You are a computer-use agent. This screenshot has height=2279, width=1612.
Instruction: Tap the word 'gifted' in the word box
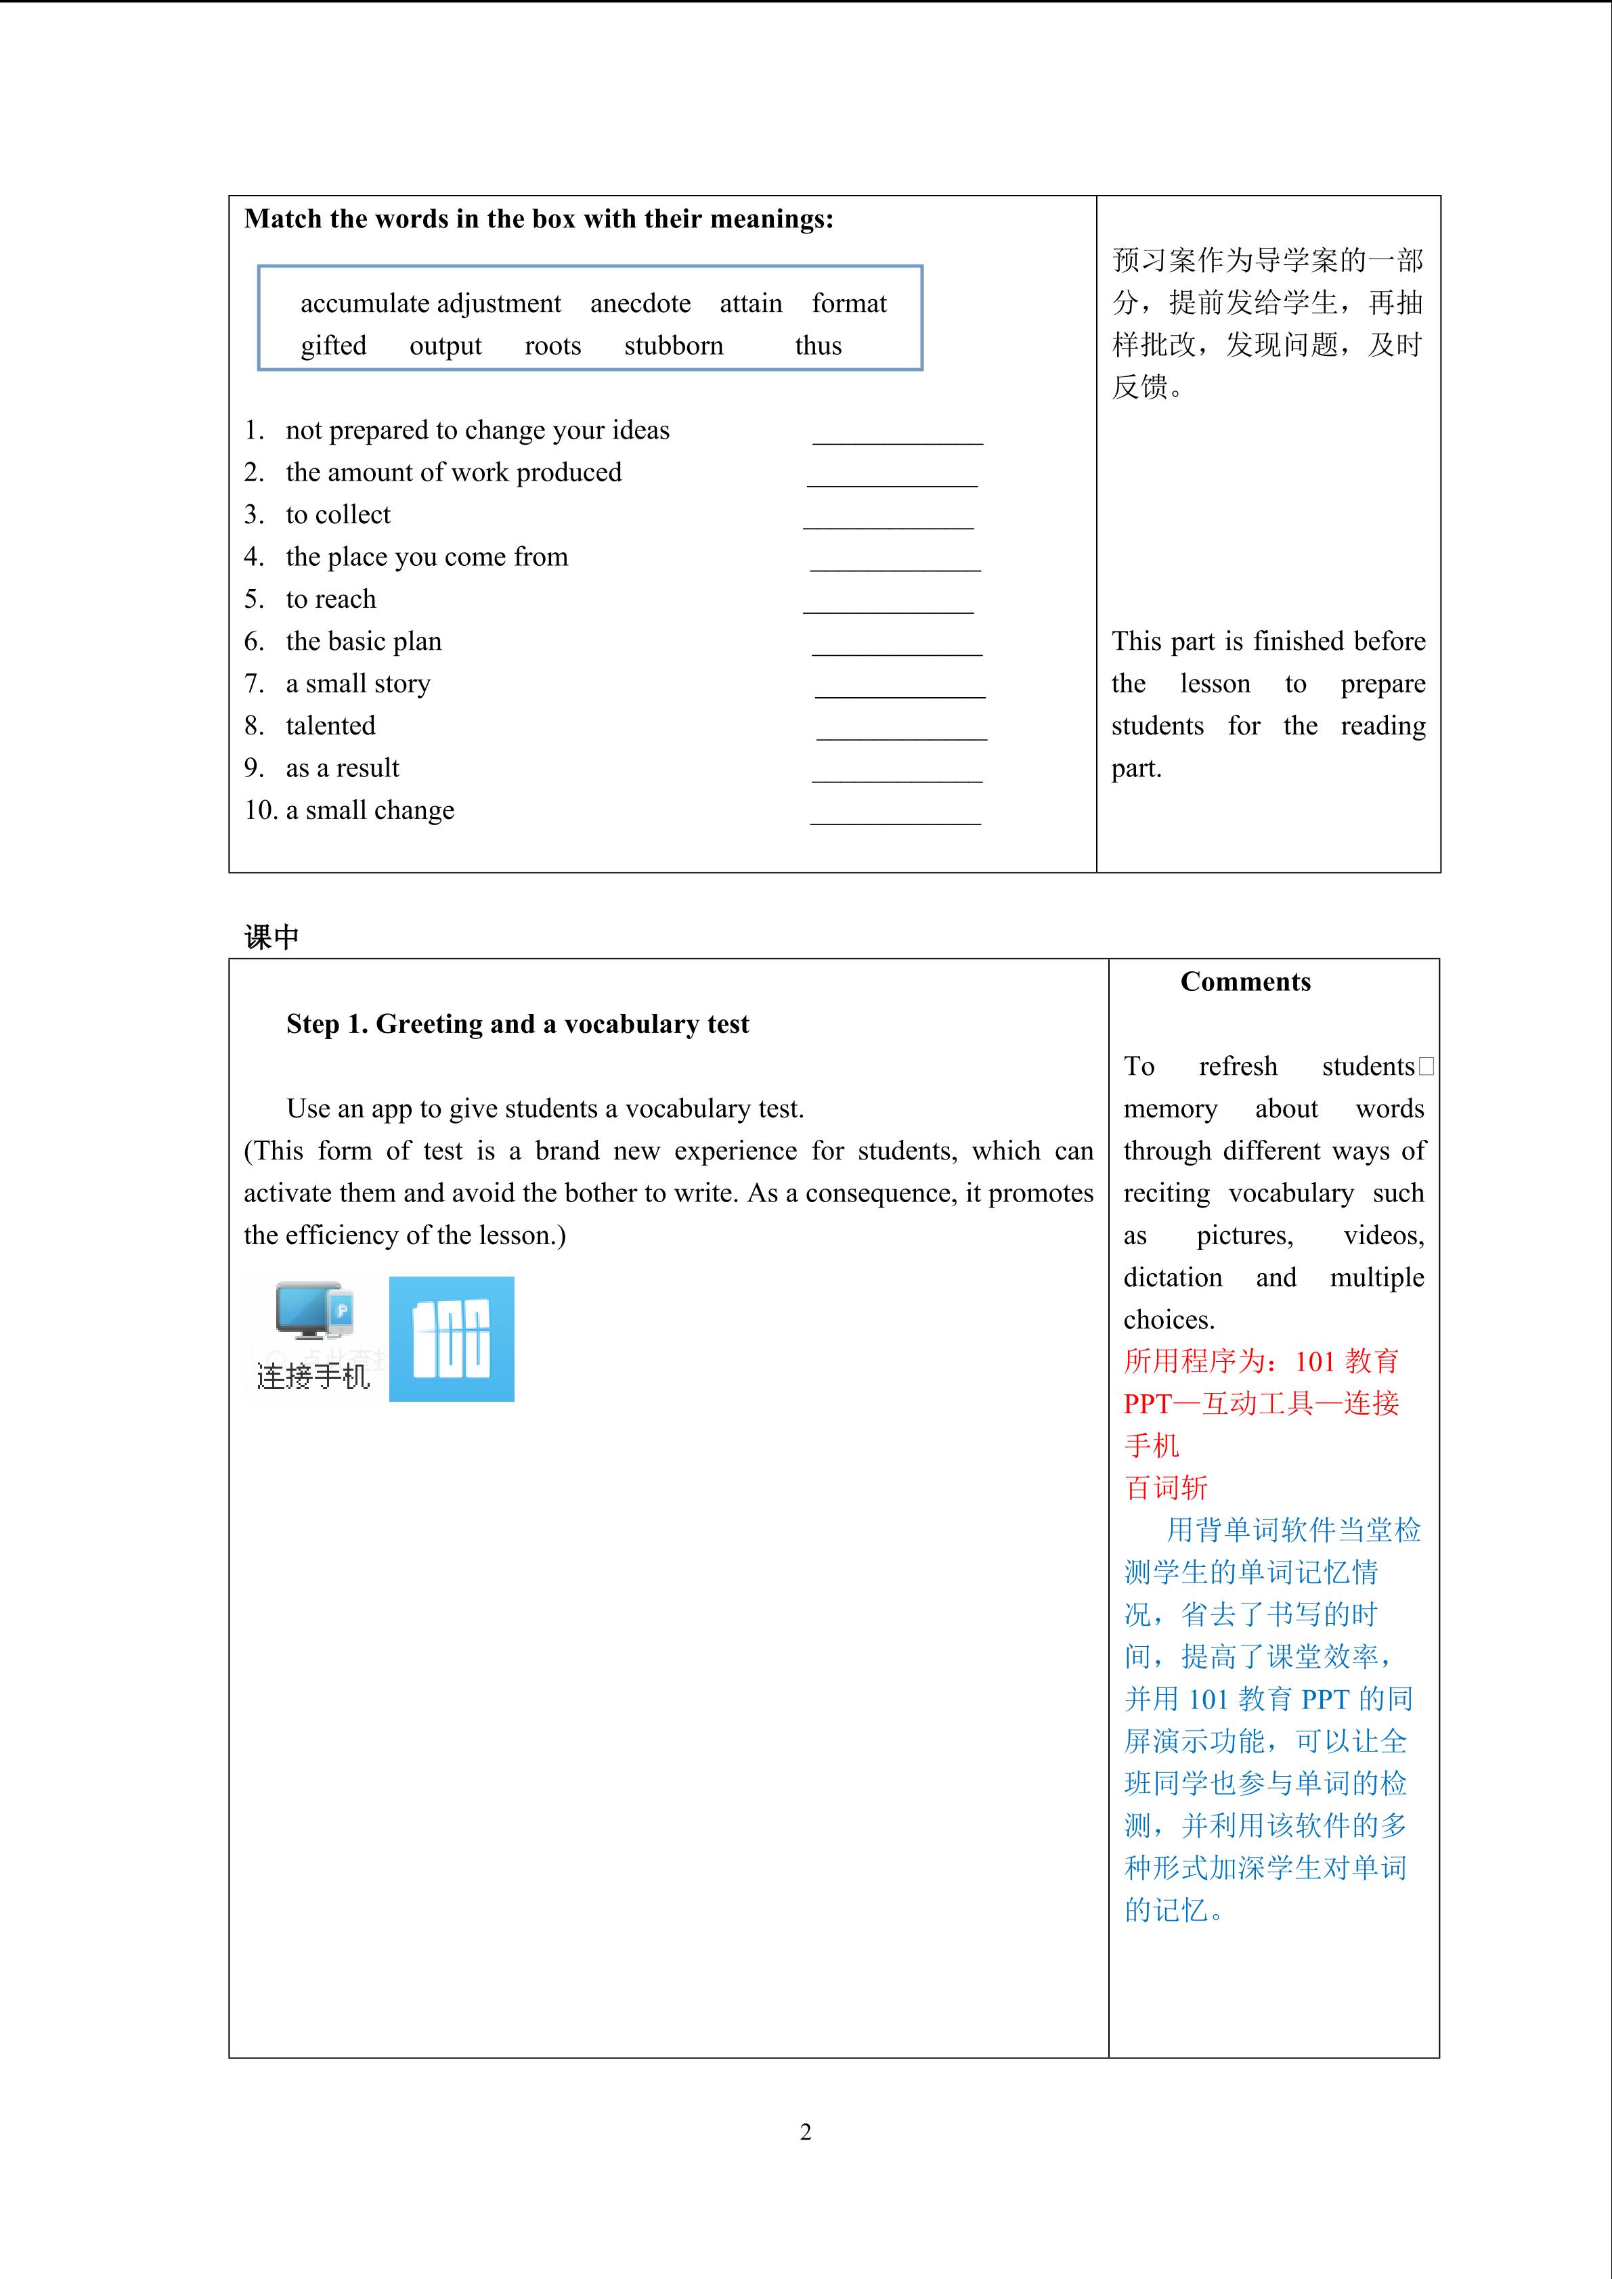[x=334, y=345]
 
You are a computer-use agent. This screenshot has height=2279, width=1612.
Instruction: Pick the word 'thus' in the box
[x=818, y=345]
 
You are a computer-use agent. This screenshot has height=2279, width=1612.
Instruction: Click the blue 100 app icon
[x=452, y=1338]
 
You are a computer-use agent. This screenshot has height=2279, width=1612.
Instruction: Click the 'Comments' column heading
[x=1245, y=981]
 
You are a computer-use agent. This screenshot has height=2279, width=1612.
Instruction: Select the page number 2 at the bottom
[x=805, y=2132]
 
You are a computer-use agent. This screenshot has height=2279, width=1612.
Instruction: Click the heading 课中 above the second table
[x=271, y=937]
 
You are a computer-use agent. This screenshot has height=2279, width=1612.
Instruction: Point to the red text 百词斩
[x=1165, y=1487]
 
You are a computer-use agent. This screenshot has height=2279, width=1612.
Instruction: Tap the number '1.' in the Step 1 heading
[x=357, y=1024]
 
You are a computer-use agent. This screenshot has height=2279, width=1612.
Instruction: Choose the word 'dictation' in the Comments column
[x=1173, y=1277]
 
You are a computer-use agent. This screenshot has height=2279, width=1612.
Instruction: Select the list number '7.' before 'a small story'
[x=254, y=684]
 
